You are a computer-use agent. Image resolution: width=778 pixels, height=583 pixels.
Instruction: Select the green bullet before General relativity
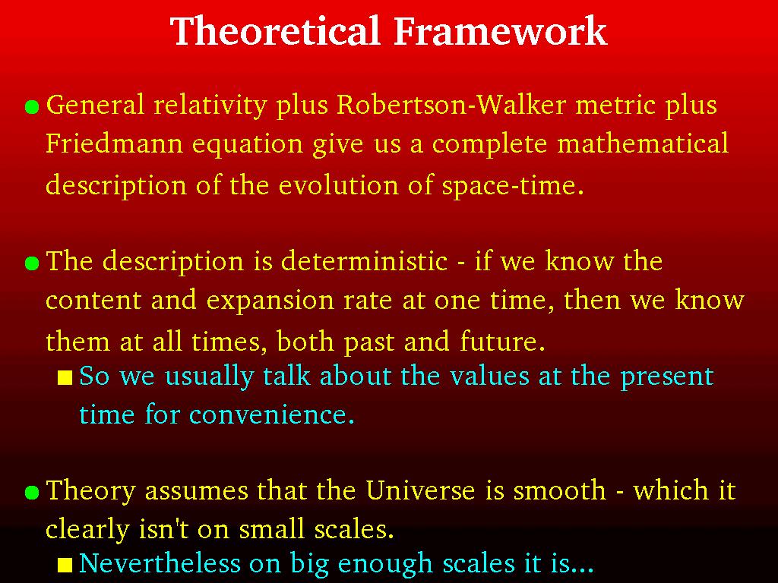pos(32,107)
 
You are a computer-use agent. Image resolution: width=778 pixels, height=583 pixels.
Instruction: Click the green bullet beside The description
pos(32,263)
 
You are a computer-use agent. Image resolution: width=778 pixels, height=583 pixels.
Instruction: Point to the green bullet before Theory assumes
pos(32,492)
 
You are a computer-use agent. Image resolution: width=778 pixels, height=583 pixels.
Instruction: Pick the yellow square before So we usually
pos(65,378)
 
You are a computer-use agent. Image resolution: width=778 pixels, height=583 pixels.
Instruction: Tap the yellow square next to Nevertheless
pos(65,565)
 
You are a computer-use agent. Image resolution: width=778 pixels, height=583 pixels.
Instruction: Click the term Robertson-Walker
pos(451,105)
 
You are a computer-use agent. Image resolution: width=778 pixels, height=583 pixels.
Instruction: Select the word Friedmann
pos(115,143)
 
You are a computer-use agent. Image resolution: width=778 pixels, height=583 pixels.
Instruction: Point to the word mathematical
pos(643,143)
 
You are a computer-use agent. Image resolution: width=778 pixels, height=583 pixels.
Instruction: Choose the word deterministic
pos(364,261)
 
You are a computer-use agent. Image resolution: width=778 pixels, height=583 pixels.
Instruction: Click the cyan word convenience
pos(272,415)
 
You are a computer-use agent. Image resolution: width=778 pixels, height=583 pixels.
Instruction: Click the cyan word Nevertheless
pos(160,564)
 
